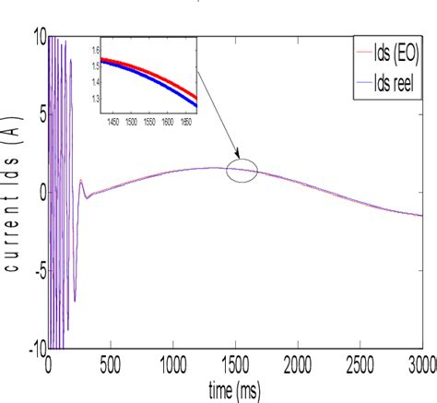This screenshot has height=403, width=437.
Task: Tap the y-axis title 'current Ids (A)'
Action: click(x=14, y=195)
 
